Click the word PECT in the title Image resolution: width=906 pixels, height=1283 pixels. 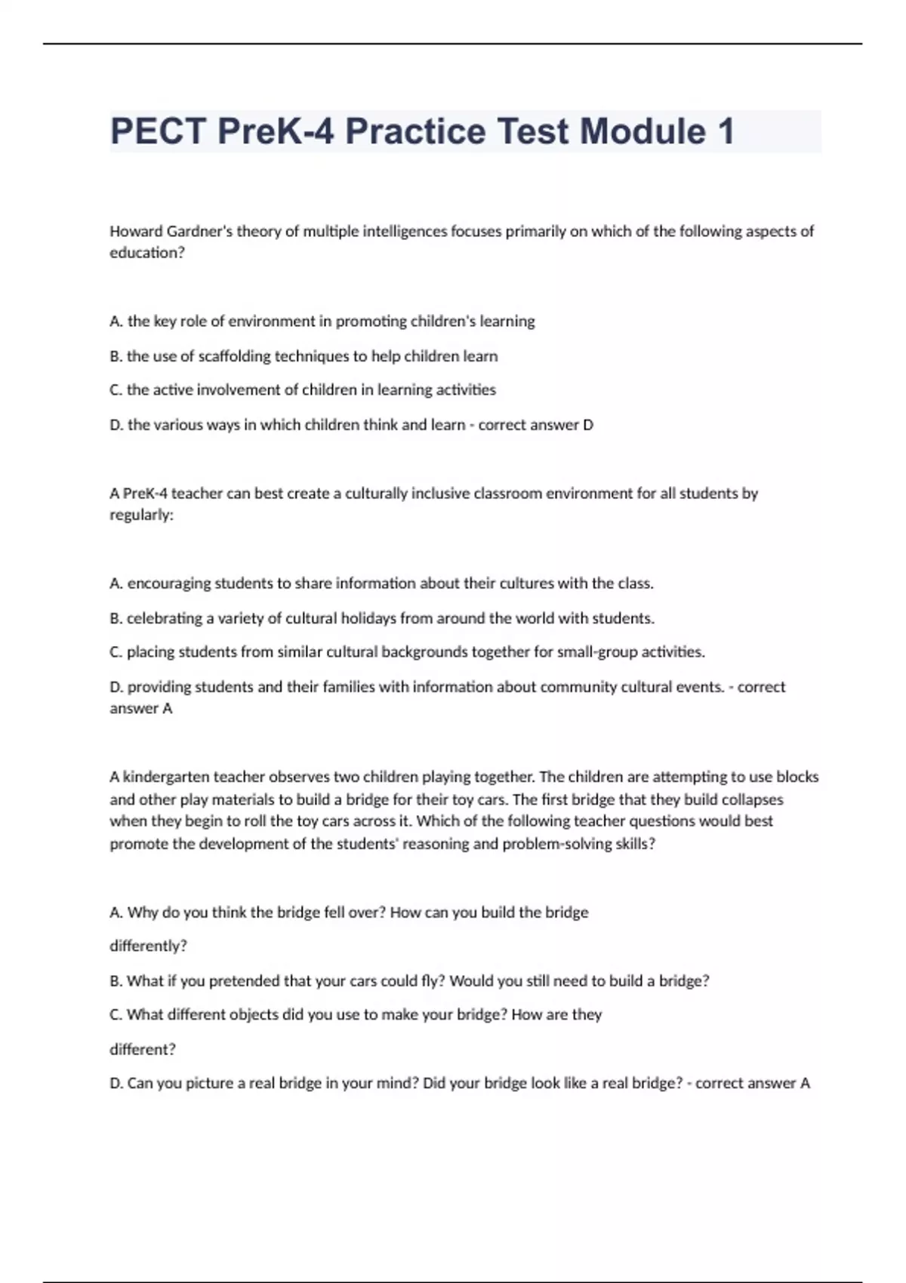158,131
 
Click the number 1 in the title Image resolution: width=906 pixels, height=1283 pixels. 726,131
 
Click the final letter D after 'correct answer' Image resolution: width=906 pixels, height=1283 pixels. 588,425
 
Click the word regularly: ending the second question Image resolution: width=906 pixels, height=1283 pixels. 141,515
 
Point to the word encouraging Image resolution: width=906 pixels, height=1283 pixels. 169,583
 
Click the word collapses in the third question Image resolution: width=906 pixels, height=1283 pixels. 752,800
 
